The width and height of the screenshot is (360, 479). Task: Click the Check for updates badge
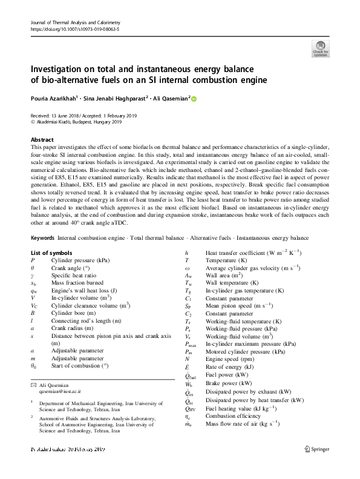click(x=319, y=48)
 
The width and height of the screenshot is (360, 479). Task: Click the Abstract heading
click(x=42, y=139)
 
